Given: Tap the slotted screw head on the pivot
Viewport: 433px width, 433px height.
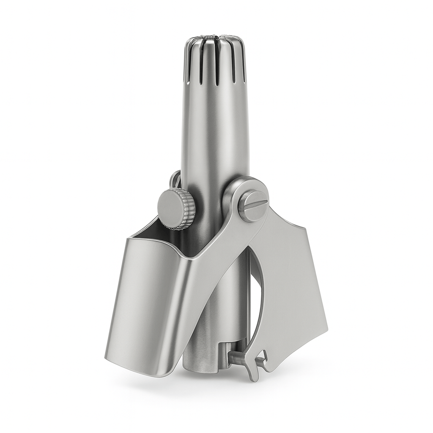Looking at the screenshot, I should [x=252, y=205].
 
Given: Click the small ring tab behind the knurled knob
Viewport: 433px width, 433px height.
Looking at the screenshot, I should [x=175, y=179].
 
